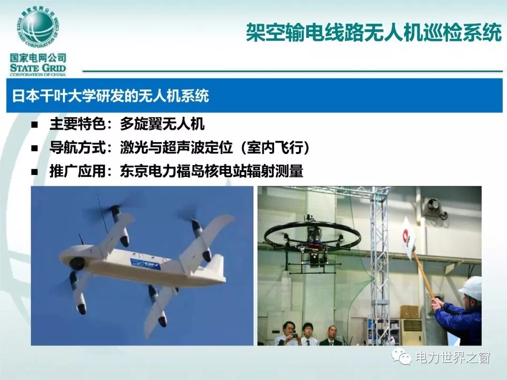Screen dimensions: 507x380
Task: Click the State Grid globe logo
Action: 38,28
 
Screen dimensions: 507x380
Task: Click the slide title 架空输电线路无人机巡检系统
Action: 374,32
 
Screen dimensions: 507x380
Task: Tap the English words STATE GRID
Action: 38,68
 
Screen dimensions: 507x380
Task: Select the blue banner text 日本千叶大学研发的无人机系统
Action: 111,96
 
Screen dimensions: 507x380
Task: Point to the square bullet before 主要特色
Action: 35,125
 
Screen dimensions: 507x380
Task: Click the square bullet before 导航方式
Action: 35,148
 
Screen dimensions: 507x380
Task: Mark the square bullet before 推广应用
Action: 35,172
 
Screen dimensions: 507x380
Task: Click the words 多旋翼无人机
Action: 162,124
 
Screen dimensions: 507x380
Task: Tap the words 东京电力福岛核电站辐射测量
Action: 211,171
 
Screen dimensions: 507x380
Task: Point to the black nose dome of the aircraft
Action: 77,264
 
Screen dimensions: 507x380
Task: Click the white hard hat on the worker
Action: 471,288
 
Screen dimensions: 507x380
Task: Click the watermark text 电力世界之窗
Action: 453,357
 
